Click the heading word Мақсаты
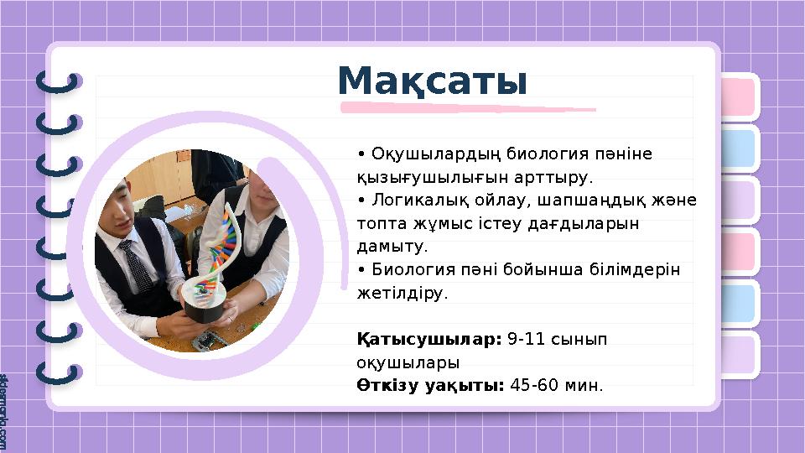click(x=432, y=82)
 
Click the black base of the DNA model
click(x=205, y=310)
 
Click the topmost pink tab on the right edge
click(x=739, y=97)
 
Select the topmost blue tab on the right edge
click(x=739, y=148)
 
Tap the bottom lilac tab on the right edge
click(x=739, y=354)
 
